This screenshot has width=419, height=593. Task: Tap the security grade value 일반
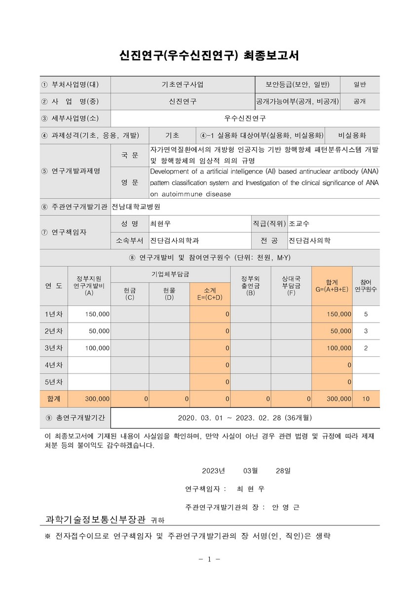coord(359,84)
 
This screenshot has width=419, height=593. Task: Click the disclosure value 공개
coord(359,101)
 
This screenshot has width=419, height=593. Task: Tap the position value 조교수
coord(300,223)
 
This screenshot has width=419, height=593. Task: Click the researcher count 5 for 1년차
coord(366,314)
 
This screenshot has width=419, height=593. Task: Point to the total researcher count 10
coord(366,398)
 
